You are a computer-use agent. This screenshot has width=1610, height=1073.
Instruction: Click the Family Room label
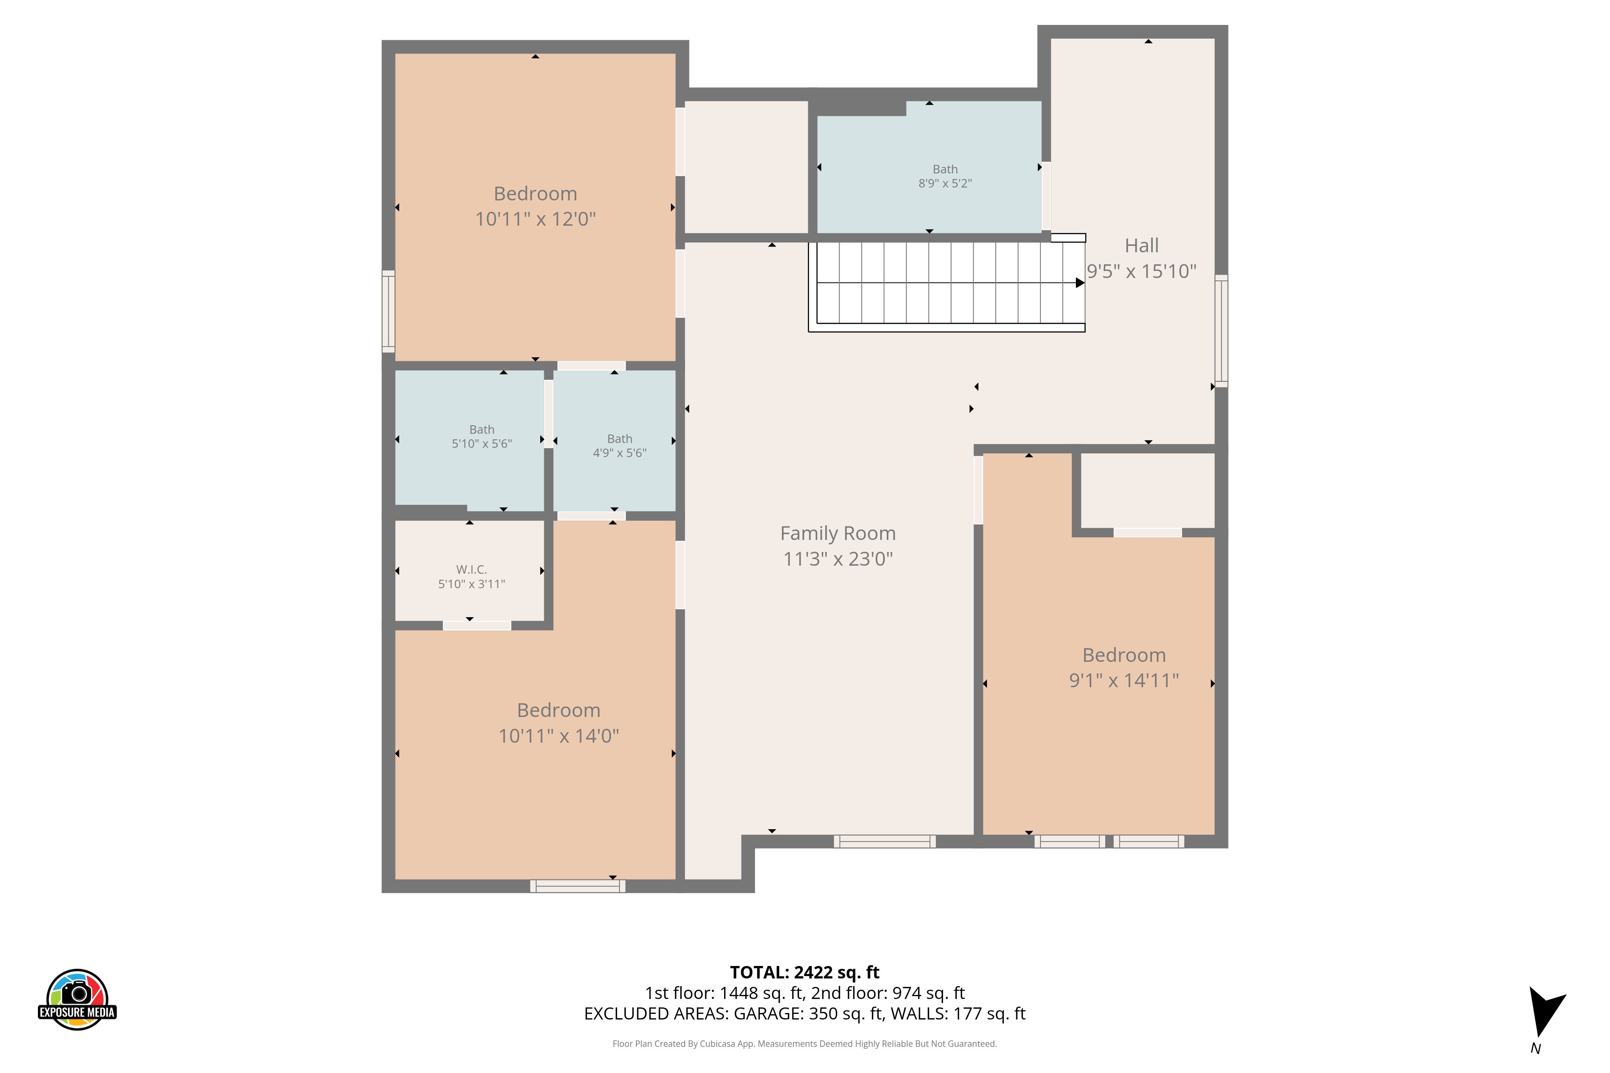[838, 533]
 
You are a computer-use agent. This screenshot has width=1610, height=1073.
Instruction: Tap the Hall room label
[1142, 246]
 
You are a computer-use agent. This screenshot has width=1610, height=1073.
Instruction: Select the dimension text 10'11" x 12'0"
[535, 219]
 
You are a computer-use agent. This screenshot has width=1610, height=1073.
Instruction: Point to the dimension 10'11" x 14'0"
[559, 735]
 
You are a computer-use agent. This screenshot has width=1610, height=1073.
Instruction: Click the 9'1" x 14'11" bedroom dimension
[1124, 680]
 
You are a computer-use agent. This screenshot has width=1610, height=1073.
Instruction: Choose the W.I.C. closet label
[472, 569]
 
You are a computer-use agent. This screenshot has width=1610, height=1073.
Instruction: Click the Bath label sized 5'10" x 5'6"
[482, 430]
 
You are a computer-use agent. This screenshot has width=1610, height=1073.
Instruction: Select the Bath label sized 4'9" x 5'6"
[619, 439]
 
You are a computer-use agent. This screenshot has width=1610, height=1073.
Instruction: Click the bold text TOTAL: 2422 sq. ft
[804, 972]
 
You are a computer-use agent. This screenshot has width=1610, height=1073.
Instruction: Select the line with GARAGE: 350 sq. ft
[804, 1013]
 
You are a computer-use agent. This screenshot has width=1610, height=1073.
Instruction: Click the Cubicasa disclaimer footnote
[804, 1044]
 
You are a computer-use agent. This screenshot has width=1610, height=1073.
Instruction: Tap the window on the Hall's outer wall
[1221, 331]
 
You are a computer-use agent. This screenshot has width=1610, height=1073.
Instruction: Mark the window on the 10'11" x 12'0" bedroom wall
[388, 311]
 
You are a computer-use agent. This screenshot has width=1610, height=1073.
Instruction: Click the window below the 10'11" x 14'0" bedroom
[578, 886]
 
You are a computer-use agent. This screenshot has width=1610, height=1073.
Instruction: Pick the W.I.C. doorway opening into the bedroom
[477, 626]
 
